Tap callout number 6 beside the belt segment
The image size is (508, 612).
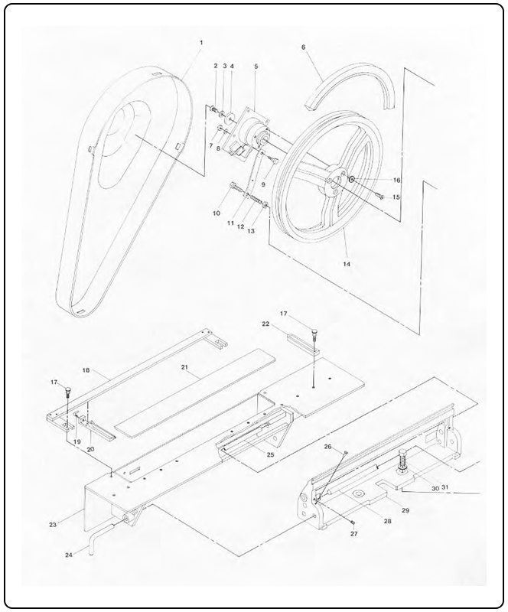(304, 47)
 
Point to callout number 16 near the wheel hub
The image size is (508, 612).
(375, 180)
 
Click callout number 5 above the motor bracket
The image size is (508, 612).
(256, 67)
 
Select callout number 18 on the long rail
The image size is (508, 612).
(86, 370)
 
